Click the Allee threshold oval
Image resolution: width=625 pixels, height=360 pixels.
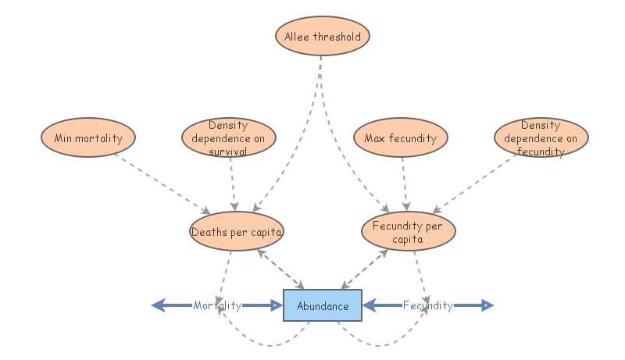point(323,36)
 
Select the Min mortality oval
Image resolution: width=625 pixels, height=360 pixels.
point(88,138)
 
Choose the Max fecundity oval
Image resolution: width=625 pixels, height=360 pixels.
point(401,138)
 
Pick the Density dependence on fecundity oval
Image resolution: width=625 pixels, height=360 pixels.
point(541,138)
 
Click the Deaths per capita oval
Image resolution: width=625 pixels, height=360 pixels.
point(236,231)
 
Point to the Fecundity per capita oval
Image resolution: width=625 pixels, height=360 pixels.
point(409,232)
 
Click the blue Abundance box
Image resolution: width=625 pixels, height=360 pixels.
point(323,305)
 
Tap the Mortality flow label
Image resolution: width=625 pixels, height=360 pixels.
point(217,305)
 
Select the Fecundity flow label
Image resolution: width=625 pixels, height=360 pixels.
point(427,305)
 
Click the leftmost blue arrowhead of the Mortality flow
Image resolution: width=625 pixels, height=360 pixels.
point(159,305)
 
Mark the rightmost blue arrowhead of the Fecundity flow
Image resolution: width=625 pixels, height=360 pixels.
point(487,305)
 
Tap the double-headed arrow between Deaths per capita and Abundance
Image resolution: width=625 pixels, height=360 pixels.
point(279,269)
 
